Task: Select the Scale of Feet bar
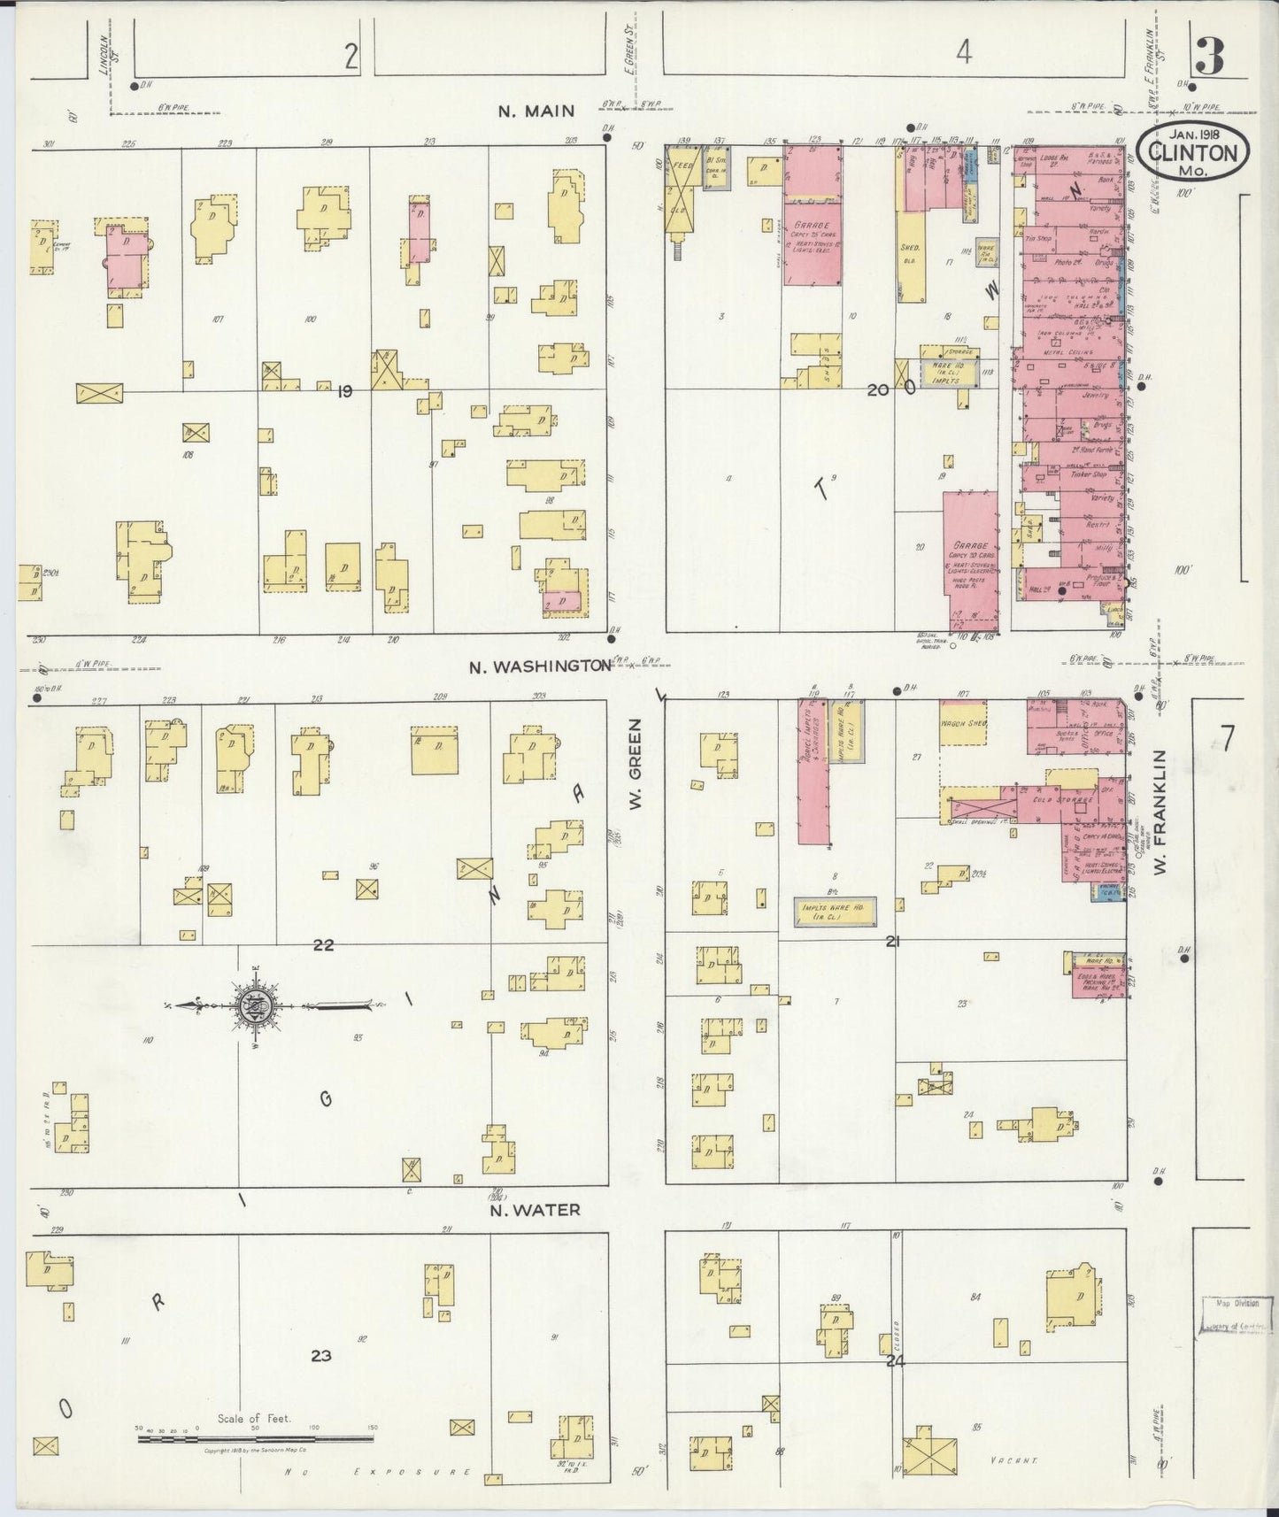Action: (255, 1438)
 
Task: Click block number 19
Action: (344, 390)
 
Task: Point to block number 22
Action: (323, 944)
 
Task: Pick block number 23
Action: (320, 1355)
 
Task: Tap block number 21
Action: (892, 942)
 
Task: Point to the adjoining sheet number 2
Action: (351, 57)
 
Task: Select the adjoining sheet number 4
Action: (964, 53)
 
